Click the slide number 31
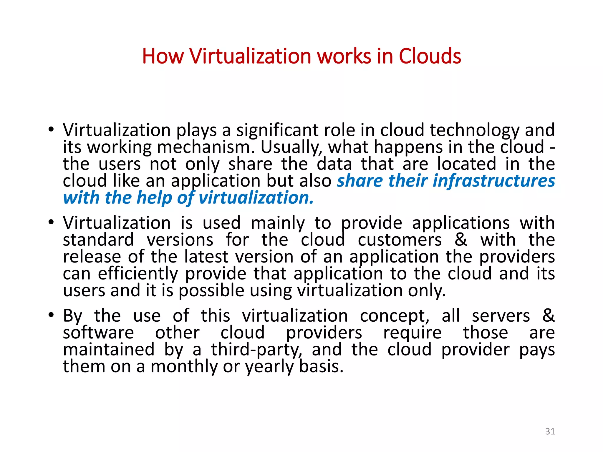click(550, 431)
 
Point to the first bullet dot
click(51, 129)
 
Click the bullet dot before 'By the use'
click(51, 315)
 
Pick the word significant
click(277, 130)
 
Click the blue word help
click(154, 197)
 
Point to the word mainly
click(278, 223)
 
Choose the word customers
click(400, 240)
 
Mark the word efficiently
click(138, 274)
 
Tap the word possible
click(211, 290)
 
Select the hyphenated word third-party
click(256, 350)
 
